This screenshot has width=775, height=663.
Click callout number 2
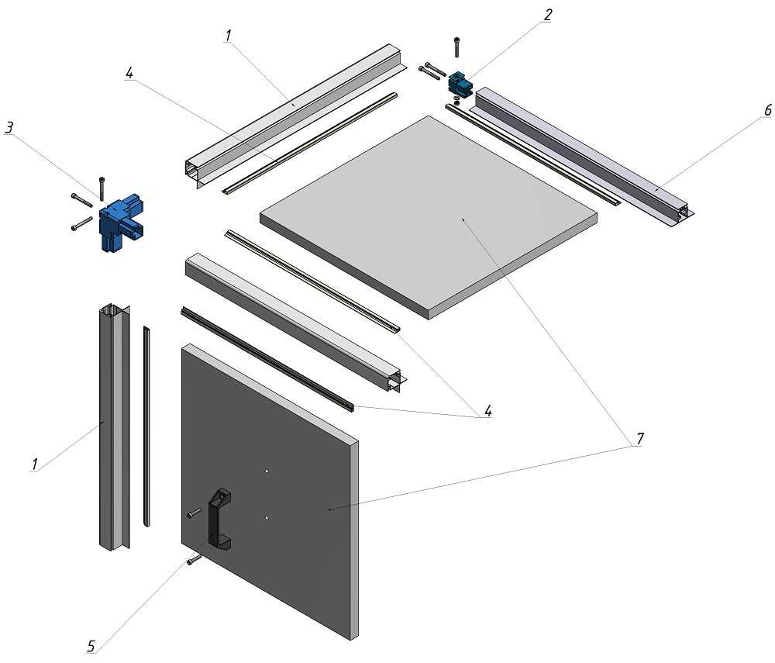548,16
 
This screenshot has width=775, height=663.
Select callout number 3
9,129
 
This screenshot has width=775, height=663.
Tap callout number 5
91,645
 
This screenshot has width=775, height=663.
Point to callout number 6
767,111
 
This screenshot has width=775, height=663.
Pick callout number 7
639,439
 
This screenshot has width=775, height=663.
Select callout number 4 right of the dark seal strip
488,410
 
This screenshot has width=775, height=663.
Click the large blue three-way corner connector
119,222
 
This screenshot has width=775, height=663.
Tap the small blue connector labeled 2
460,83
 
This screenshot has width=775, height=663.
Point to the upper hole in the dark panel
266,471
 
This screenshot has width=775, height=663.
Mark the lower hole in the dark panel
266,517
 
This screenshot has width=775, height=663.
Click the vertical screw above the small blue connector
456,47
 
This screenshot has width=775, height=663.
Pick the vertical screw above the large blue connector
101,187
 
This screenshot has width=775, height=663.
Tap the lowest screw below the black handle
194,558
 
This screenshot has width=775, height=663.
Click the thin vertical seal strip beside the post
146,426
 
